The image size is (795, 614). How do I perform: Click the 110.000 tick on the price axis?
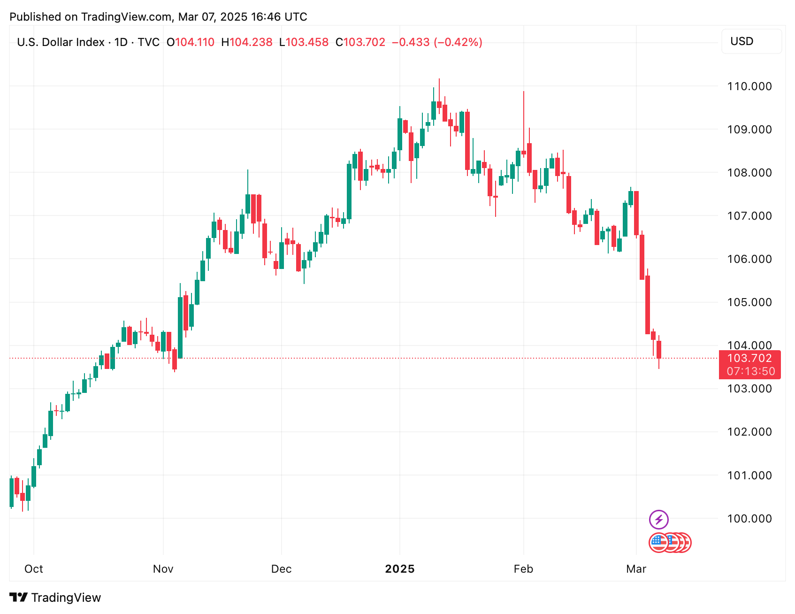click(x=749, y=86)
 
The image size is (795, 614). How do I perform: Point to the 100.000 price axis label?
click(x=749, y=519)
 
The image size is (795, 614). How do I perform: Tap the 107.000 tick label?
click(x=749, y=216)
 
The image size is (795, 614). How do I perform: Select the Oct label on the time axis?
click(x=34, y=569)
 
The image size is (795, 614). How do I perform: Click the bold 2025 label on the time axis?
click(x=400, y=569)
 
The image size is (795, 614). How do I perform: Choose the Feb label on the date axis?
click(x=523, y=569)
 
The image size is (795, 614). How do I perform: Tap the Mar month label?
click(x=636, y=569)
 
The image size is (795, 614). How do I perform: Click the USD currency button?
click(x=751, y=41)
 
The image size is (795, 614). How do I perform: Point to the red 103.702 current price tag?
click(x=749, y=358)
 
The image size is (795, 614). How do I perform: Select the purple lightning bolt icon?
click(x=658, y=520)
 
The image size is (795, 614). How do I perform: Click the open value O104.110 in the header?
click(x=191, y=42)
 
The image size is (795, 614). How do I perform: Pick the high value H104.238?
click(x=247, y=42)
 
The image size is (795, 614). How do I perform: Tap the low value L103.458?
click(x=304, y=42)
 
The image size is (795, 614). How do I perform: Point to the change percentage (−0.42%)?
click(x=458, y=42)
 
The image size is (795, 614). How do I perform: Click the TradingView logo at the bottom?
click(x=55, y=598)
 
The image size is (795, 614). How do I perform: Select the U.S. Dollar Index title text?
click(x=61, y=42)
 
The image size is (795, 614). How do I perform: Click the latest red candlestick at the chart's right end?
click(x=659, y=350)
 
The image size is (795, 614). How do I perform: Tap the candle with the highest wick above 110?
click(x=439, y=104)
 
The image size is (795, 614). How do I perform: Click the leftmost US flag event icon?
click(x=658, y=543)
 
